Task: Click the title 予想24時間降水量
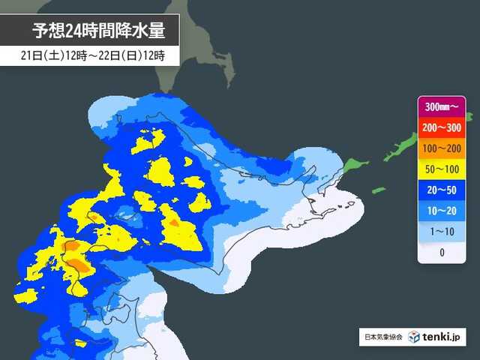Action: pyautogui.click(x=94, y=31)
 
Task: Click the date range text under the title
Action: pyautogui.click(x=94, y=55)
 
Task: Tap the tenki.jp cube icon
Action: pyautogui.click(x=414, y=337)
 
